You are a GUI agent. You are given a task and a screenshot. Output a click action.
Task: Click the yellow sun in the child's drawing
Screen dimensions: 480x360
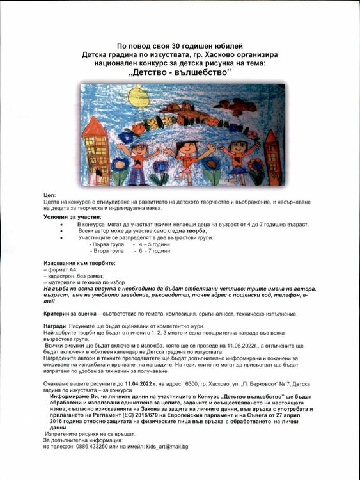coord(137,98)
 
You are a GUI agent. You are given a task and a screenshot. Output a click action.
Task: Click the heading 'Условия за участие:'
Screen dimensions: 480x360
coord(73,216)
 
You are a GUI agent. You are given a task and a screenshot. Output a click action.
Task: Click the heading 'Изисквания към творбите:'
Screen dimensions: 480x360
coord(79,264)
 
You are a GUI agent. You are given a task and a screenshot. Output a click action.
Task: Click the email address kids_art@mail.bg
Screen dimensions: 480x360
coord(167,446)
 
